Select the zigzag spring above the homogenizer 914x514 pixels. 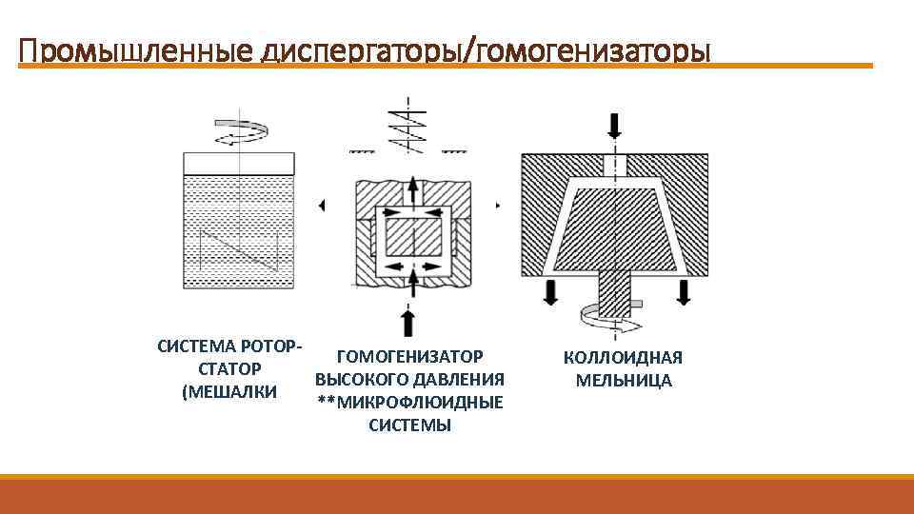[x=409, y=129]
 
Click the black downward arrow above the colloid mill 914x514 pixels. [x=615, y=125]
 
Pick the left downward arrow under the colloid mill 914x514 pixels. [x=549, y=292]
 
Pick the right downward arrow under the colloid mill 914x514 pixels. [x=683, y=292]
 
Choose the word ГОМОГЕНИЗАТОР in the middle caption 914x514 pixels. [x=410, y=357]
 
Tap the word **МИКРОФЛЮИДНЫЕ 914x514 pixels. [x=410, y=403]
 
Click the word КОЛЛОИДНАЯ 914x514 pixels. [x=623, y=358]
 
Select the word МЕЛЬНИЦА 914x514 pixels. [x=624, y=381]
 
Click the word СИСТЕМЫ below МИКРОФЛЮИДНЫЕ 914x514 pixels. [x=410, y=425]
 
